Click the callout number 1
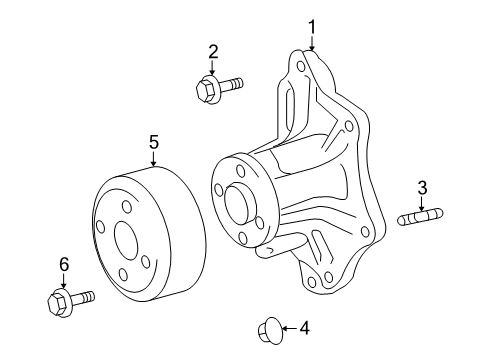pyautogui.click(x=311, y=26)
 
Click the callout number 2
pyautogui.click(x=212, y=51)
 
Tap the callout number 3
pyautogui.click(x=422, y=187)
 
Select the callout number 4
pyautogui.click(x=304, y=326)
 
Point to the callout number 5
pyautogui.click(x=154, y=143)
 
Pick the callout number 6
pyautogui.click(x=63, y=264)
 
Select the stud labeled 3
pyautogui.click(x=421, y=217)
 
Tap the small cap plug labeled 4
pyautogui.click(x=268, y=327)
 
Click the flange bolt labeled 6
pyautogui.click(x=68, y=298)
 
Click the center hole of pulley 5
pyautogui.click(x=128, y=240)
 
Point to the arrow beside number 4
pyautogui.click(x=287, y=326)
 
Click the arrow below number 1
pyautogui.click(x=311, y=42)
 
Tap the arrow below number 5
pyautogui.click(x=154, y=160)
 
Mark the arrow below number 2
pyautogui.click(x=212, y=67)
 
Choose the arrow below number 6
pyautogui.click(x=63, y=280)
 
